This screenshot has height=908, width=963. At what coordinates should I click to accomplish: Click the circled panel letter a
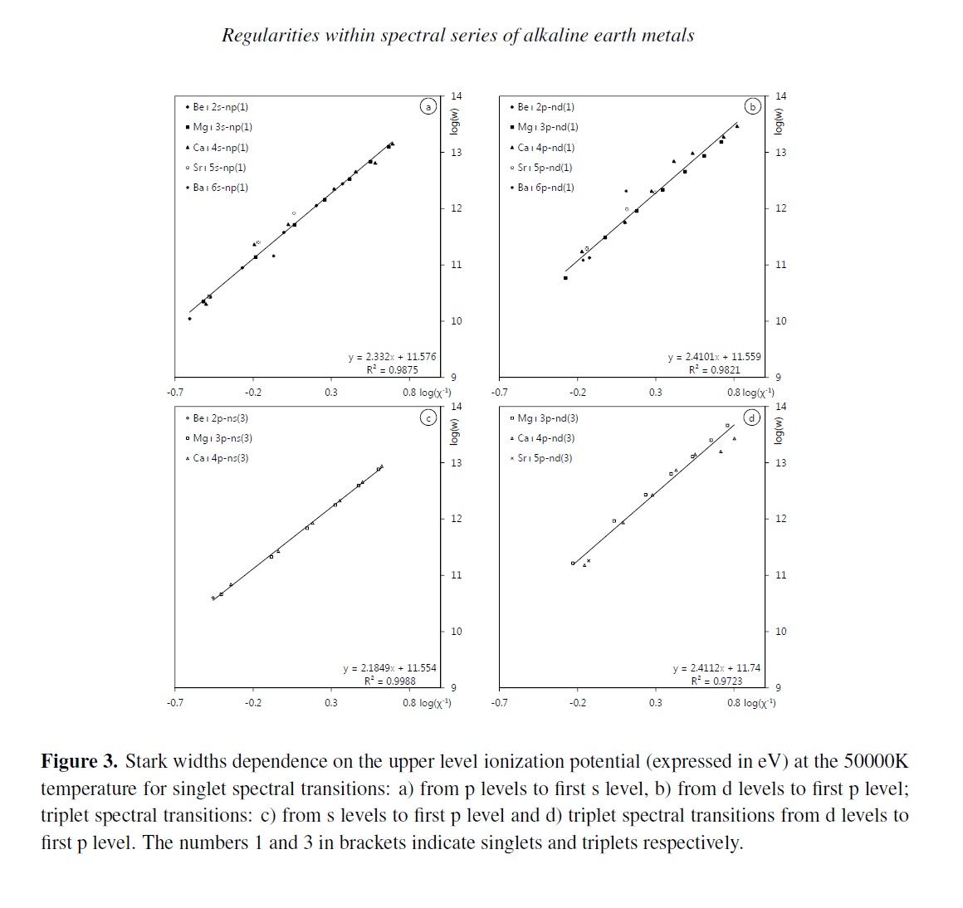[x=428, y=106]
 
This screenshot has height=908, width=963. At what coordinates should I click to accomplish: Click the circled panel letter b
[x=752, y=106]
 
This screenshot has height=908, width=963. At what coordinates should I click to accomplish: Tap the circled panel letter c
[x=428, y=417]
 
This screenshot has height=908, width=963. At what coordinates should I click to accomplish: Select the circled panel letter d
[x=752, y=417]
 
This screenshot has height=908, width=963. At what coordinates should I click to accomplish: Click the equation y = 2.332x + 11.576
[x=392, y=357]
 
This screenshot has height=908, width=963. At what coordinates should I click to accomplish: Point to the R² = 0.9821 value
[x=714, y=370]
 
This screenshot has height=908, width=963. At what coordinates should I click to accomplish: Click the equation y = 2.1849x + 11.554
[x=389, y=668]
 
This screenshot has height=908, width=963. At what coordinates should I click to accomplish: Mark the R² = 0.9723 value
[x=716, y=681]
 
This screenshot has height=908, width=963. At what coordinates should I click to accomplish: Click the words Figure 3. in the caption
[x=79, y=762]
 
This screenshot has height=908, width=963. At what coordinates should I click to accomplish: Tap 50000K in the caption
[x=876, y=762]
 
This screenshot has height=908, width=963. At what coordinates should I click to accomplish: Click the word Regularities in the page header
[x=271, y=36]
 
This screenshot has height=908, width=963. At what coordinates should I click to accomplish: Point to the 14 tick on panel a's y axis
[x=456, y=96]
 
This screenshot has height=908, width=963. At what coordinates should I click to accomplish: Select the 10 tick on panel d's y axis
[x=780, y=632]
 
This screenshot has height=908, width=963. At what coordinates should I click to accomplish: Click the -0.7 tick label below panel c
[x=174, y=703]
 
